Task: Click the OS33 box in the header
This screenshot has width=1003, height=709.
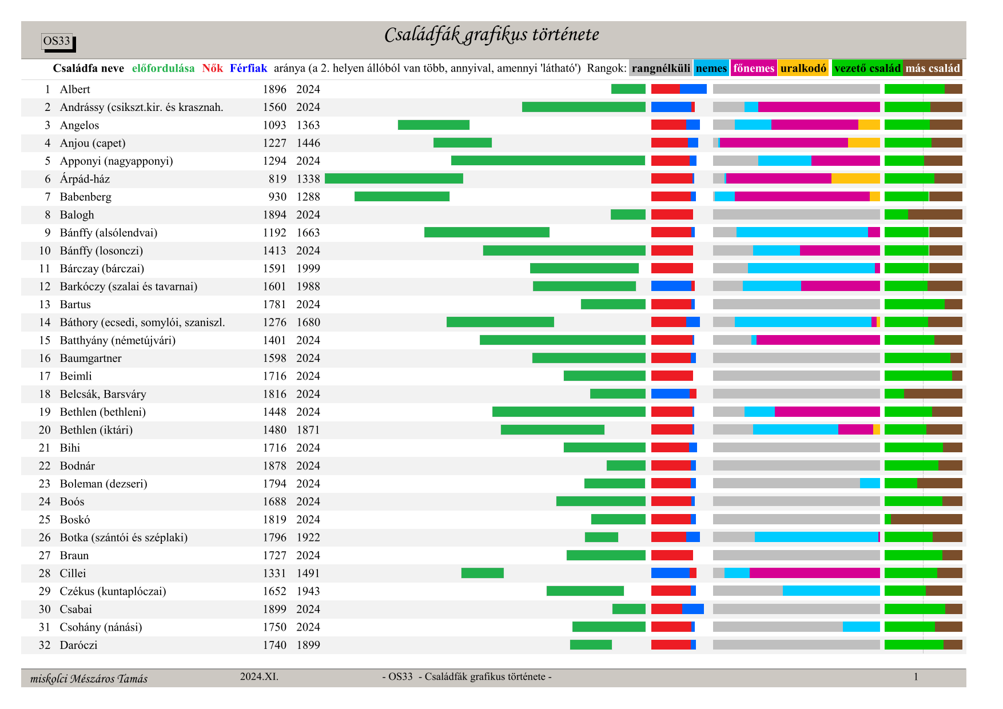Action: pyautogui.click(x=57, y=41)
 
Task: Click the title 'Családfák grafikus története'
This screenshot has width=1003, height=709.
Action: pyautogui.click(x=491, y=35)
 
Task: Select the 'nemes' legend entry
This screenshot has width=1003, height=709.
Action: pyautogui.click(x=711, y=68)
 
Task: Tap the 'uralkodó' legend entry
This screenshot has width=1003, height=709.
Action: pyautogui.click(x=803, y=68)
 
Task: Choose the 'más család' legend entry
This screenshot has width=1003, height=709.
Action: pyautogui.click(x=932, y=68)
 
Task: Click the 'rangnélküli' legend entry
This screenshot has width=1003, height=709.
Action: pyautogui.click(x=660, y=68)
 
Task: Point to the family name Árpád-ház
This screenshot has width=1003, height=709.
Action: pyautogui.click(x=85, y=179)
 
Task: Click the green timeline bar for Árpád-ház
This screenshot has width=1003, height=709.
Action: pyautogui.click(x=393, y=178)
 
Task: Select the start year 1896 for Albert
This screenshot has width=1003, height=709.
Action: pyautogui.click(x=274, y=89)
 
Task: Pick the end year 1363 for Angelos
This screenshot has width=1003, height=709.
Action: pyautogui.click(x=308, y=125)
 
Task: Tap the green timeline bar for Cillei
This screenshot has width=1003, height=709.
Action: pyautogui.click(x=482, y=573)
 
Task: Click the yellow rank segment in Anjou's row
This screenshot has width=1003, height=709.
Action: pyautogui.click(x=863, y=143)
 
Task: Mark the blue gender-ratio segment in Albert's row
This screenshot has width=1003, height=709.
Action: pyautogui.click(x=693, y=89)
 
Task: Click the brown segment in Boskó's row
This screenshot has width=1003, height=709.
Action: pyautogui.click(x=926, y=519)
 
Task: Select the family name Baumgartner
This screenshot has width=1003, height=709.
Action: pyautogui.click(x=90, y=358)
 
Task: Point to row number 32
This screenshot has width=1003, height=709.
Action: pyautogui.click(x=45, y=645)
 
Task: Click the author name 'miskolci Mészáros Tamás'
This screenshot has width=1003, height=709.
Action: pyautogui.click(x=89, y=679)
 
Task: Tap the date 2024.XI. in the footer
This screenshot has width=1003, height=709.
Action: pyautogui.click(x=259, y=676)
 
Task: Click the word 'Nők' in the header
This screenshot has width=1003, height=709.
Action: pyautogui.click(x=212, y=68)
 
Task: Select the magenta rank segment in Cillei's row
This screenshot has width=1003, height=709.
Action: pyautogui.click(x=814, y=573)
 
